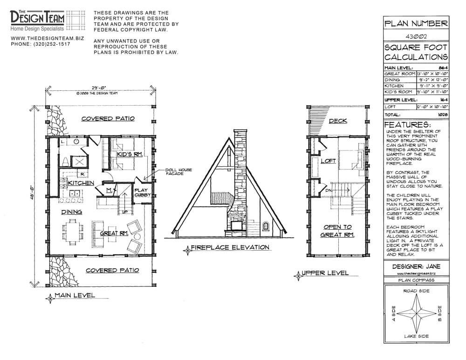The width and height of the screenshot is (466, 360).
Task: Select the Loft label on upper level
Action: pos(328,161)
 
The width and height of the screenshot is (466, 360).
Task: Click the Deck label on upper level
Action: pos(338,121)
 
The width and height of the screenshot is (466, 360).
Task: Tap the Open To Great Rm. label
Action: pos(338,231)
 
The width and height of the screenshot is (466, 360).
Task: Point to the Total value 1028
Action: pos(443,114)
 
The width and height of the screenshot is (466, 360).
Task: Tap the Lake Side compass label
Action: pos(416,336)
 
